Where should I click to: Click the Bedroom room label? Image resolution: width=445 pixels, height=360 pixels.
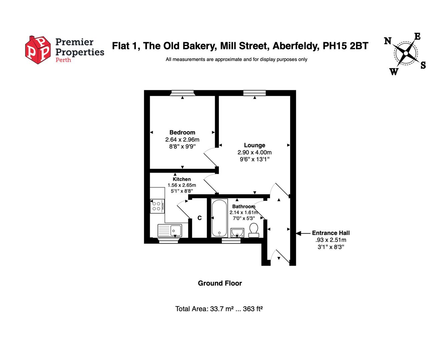[182, 132]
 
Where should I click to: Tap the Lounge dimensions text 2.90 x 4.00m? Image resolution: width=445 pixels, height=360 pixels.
[255, 152]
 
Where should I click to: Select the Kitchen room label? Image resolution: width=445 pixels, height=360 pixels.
[182, 179]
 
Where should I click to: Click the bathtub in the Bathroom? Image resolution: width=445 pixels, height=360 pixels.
[219, 218]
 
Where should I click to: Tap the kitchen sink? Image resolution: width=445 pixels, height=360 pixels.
[170, 230]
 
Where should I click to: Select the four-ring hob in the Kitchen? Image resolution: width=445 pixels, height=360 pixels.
[157, 206]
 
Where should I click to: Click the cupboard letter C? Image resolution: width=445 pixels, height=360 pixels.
[199, 218]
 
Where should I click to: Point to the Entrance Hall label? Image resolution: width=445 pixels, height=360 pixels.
[331, 233]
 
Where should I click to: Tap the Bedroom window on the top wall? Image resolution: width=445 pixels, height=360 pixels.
[182, 93]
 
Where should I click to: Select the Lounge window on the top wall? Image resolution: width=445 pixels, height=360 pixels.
[255, 93]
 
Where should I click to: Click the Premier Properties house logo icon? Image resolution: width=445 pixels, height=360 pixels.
[38, 50]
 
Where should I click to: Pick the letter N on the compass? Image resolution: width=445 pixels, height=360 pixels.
[388, 41]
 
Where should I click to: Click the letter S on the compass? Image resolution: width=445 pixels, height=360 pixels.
[423, 65]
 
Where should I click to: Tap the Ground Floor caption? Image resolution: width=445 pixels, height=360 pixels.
[220, 283]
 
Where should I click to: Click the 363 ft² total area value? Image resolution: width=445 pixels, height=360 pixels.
[253, 309]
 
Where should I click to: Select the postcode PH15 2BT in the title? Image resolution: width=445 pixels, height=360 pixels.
[346, 46]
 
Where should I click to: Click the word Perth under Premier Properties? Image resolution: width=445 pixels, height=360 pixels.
[63, 60]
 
